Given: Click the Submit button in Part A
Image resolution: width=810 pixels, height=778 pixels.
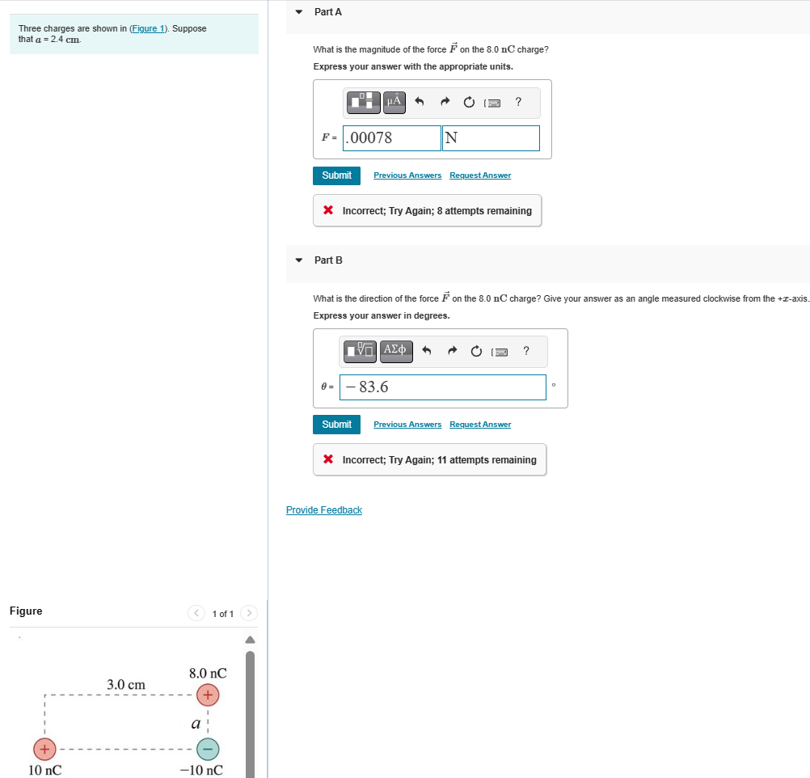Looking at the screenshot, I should pos(336,175).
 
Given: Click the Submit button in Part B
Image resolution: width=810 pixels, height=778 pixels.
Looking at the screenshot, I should pos(336,425).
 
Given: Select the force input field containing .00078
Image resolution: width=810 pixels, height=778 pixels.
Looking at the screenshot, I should pos(392,138).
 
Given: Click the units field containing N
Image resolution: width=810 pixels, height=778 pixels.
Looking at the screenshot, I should pos(491,138).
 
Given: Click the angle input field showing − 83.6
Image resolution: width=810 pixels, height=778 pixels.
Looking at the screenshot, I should pos(443,387).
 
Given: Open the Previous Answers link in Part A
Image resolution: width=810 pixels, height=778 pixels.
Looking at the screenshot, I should pos(407,175).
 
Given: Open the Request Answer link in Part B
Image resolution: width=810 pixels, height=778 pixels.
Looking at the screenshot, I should pos(480,425).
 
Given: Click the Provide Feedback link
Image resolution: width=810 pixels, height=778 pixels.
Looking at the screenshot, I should pos(324,510).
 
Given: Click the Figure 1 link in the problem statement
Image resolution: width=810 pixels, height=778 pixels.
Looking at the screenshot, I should pos(148,29).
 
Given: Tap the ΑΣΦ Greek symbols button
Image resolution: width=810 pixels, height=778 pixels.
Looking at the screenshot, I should pos(396,350).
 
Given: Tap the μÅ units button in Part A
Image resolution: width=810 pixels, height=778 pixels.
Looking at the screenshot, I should pos(394,101).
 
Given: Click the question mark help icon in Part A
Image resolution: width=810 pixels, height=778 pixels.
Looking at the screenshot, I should pos(518,101).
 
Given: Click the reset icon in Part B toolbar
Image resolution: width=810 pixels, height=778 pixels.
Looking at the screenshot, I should pos(476,351).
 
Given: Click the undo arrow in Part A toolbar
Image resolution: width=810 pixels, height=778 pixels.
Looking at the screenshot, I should pos(419,102).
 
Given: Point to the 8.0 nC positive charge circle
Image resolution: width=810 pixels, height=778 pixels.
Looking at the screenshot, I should pos(208,695).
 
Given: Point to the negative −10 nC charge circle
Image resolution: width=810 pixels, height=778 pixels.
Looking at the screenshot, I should pos(208,749).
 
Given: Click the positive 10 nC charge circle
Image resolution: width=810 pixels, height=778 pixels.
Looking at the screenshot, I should pos(44,749).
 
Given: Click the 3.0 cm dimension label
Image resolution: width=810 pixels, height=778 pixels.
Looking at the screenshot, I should pos(126,685).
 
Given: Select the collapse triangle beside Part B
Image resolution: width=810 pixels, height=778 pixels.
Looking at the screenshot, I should pos(299,260).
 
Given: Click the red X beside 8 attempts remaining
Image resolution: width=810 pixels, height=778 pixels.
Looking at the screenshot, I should pos(328,211).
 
